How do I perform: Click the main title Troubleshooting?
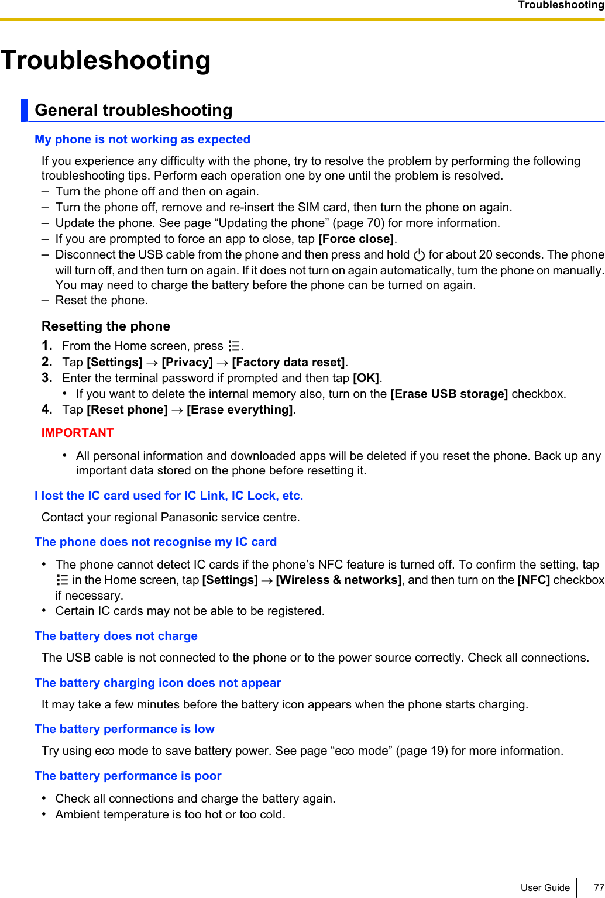coord(106,60)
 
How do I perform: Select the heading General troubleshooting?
coord(133,110)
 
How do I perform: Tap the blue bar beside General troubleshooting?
coord(24,110)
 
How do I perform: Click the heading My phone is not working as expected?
coord(142,139)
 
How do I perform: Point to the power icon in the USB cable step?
coord(419,255)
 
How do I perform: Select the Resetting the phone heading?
coord(106,326)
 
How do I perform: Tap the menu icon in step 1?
coord(234,346)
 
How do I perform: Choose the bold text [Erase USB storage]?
coord(449,394)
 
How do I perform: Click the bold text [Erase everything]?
coord(240,410)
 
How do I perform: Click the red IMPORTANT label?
coord(77,433)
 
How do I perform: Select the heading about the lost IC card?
coord(169,496)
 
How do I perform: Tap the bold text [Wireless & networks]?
coord(338,580)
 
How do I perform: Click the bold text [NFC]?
coord(533,580)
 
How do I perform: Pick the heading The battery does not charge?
coord(116,636)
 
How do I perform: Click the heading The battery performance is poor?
coord(128,776)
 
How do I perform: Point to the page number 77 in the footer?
coord(598,887)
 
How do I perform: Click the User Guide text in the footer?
coord(545,887)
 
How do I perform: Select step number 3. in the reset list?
coord(47,378)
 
